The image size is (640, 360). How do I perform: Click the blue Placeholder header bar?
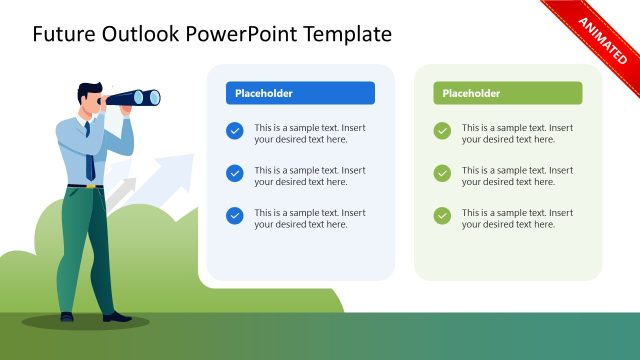click(x=300, y=93)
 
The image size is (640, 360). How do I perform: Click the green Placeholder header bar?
click(x=508, y=93)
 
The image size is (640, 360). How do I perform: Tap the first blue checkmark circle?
click(x=235, y=130)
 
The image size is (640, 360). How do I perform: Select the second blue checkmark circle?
click(x=235, y=173)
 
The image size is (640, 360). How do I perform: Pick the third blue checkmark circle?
click(x=235, y=215)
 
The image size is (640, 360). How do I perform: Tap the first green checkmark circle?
click(x=442, y=130)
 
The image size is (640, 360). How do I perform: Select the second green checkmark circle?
click(x=442, y=173)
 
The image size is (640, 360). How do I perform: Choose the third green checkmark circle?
click(x=442, y=215)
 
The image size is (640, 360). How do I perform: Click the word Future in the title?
click(x=66, y=34)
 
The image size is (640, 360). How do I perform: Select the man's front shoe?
click(x=116, y=317)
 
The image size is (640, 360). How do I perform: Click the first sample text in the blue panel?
click(x=310, y=134)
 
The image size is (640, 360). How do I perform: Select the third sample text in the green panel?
click(x=517, y=219)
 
